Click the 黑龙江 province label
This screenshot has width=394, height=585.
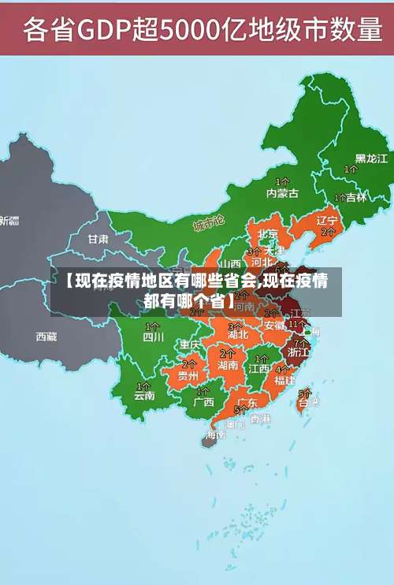[x=371, y=158]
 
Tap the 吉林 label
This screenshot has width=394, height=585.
[x=356, y=197]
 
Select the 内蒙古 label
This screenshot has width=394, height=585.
[x=282, y=193]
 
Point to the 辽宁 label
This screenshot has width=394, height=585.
[x=327, y=220]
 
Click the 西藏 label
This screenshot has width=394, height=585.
[x=46, y=337]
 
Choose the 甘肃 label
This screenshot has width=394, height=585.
[x=98, y=238]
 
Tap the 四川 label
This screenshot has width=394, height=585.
[x=153, y=337]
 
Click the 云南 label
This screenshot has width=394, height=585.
[x=144, y=396]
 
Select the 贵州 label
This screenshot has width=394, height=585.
[x=188, y=376]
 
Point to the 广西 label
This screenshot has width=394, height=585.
[x=203, y=401]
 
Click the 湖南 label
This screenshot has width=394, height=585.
[x=228, y=365]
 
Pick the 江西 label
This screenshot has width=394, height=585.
[x=259, y=367]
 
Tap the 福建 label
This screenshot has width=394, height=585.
[x=284, y=379]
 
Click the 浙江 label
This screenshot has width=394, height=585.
[x=299, y=352]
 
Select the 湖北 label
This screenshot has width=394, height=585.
[x=238, y=334]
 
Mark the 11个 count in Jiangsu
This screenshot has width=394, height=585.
[x=297, y=323]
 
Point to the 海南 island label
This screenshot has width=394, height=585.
[x=216, y=434]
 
